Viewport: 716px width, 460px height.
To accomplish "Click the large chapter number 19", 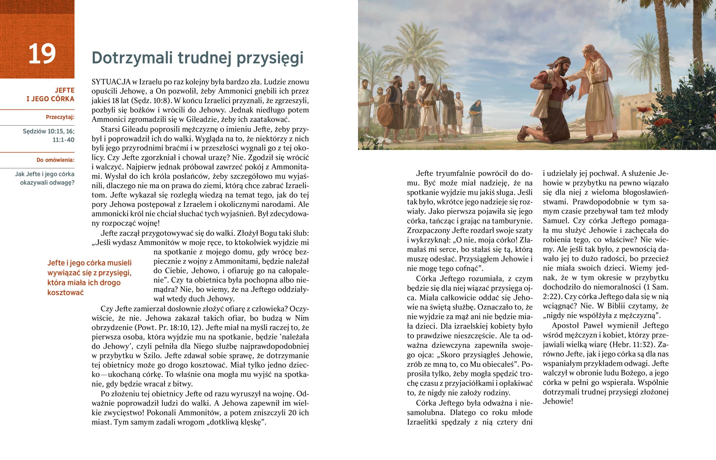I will pyautogui.click(x=42, y=53).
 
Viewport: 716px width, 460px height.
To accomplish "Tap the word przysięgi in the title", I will pyautogui.click(x=270, y=58).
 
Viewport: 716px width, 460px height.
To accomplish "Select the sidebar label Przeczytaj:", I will pyautogui.click(x=60, y=117).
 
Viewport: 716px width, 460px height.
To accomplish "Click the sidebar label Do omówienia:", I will pyautogui.click(x=55, y=160).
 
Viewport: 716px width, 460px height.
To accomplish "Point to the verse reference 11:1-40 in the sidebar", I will pyautogui.click(x=63, y=140).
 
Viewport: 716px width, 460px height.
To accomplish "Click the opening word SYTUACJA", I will pyautogui.click(x=111, y=82).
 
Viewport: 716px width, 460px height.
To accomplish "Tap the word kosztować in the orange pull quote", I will pyautogui.click(x=65, y=292).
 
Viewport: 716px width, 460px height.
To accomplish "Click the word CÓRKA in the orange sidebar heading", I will pyautogui.click(x=62, y=99).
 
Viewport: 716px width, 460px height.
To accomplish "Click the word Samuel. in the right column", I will pyautogui.click(x=556, y=221).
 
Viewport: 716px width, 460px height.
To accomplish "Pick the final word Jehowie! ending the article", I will pyautogui.click(x=558, y=401).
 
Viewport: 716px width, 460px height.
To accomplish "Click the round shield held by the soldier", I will pyautogui.click(x=385, y=116).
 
